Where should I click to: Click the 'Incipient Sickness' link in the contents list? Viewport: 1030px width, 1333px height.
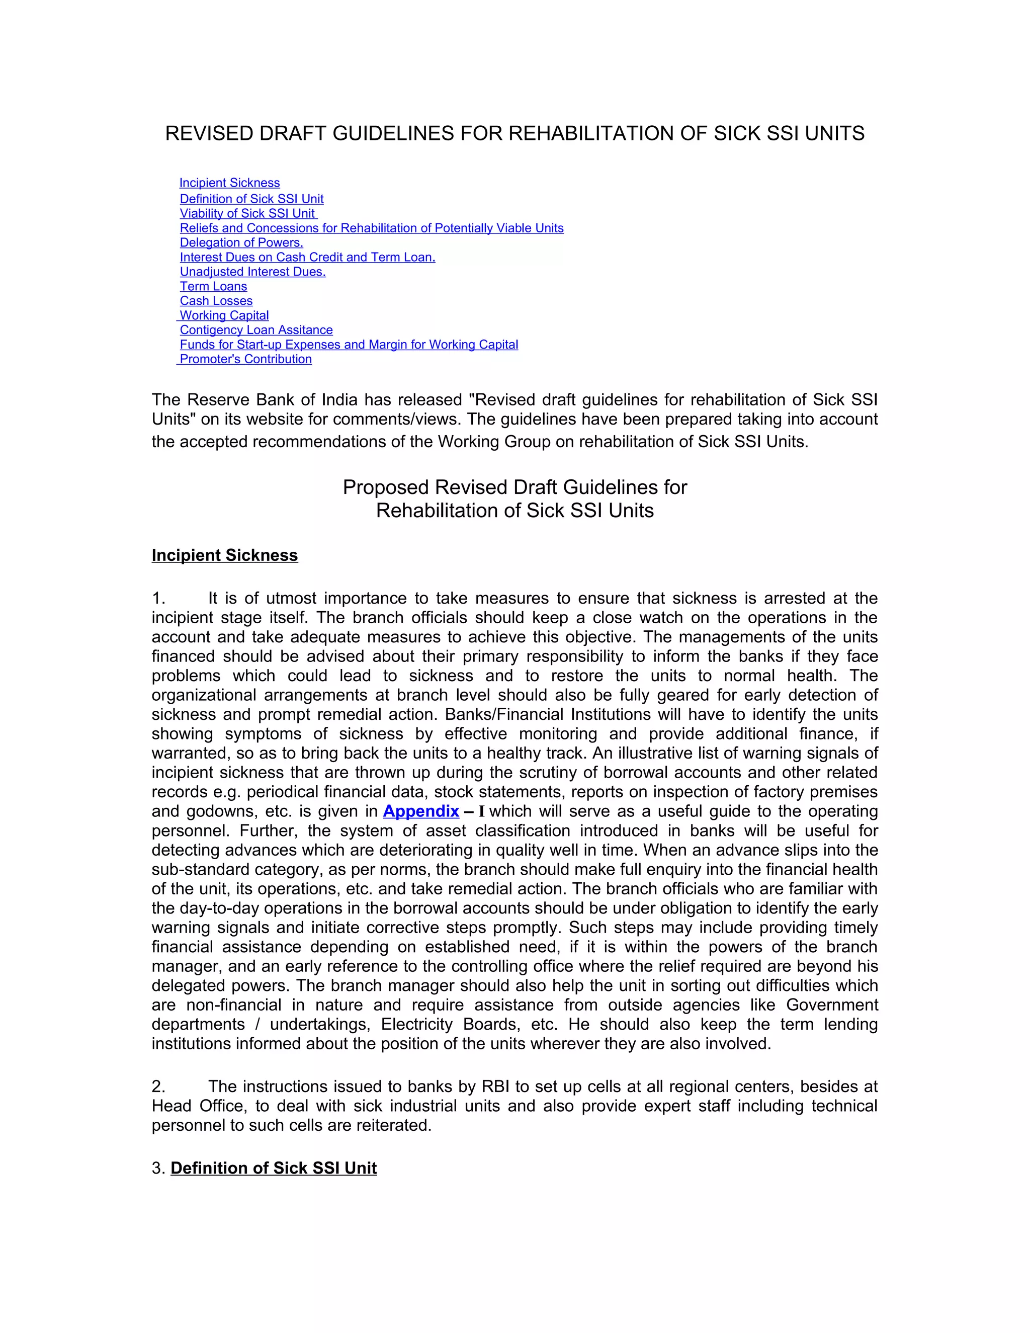pos(229,183)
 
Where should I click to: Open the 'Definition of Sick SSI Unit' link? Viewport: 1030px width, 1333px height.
pos(251,199)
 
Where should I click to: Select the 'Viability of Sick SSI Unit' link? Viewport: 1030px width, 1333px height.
pos(248,214)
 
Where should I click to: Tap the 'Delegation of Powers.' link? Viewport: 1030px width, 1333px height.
pos(241,243)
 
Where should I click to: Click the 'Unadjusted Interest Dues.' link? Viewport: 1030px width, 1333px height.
pos(252,272)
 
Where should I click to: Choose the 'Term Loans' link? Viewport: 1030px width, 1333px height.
pos(214,287)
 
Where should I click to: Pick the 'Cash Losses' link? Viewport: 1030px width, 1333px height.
pos(216,301)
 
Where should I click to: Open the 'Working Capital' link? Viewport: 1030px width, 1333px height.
pos(224,315)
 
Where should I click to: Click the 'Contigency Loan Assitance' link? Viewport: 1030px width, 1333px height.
pos(256,330)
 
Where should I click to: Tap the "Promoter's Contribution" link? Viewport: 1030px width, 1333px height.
pos(245,360)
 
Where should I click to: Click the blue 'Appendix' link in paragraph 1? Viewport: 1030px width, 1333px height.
pos(421,811)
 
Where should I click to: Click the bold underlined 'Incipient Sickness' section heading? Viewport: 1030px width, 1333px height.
pos(224,555)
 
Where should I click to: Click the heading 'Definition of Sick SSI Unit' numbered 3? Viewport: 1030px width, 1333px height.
pos(274,1168)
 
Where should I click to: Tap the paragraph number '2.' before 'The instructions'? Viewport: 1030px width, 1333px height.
pos(158,1087)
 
